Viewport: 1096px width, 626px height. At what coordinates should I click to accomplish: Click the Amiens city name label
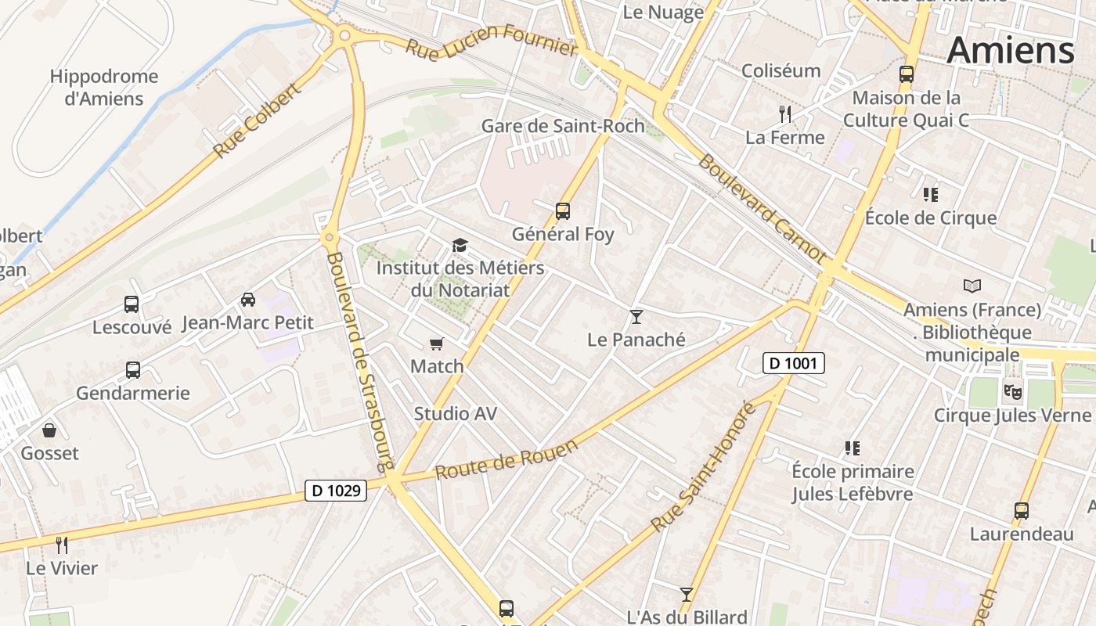[x=1010, y=51]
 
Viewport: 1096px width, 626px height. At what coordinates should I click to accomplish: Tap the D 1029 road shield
[x=336, y=491]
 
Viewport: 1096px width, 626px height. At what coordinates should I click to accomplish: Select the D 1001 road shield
[x=794, y=362]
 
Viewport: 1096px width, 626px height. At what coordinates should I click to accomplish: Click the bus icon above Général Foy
[x=562, y=210]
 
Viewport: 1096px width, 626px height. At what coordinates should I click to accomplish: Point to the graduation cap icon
[x=460, y=245]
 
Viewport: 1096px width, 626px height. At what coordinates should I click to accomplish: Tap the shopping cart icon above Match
[x=437, y=344]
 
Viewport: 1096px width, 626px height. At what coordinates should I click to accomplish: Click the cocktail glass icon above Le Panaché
[x=636, y=316]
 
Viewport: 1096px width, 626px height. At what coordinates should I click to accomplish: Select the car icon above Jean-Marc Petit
[x=248, y=299]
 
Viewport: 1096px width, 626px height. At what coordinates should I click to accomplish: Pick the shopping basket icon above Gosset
[x=49, y=430]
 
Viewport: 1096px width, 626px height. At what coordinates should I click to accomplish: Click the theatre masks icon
[x=1012, y=389]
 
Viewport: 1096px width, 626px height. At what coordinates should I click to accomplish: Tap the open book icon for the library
[x=972, y=286]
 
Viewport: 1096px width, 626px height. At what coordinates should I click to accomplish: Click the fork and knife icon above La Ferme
[x=784, y=114]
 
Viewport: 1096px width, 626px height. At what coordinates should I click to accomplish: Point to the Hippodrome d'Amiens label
[x=104, y=88]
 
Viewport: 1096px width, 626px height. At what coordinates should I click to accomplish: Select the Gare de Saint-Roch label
[x=563, y=125]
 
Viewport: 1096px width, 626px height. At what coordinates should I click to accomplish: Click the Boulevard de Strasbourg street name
[x=359, y=361]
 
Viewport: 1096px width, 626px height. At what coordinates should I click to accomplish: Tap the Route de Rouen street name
[x=507, y=459]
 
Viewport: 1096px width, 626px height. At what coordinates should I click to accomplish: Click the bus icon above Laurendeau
[x=1021, y=511]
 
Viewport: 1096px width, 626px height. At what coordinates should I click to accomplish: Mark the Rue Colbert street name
[x=257, y=120]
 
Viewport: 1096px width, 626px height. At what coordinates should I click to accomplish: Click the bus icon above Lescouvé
[x=132, y=304]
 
